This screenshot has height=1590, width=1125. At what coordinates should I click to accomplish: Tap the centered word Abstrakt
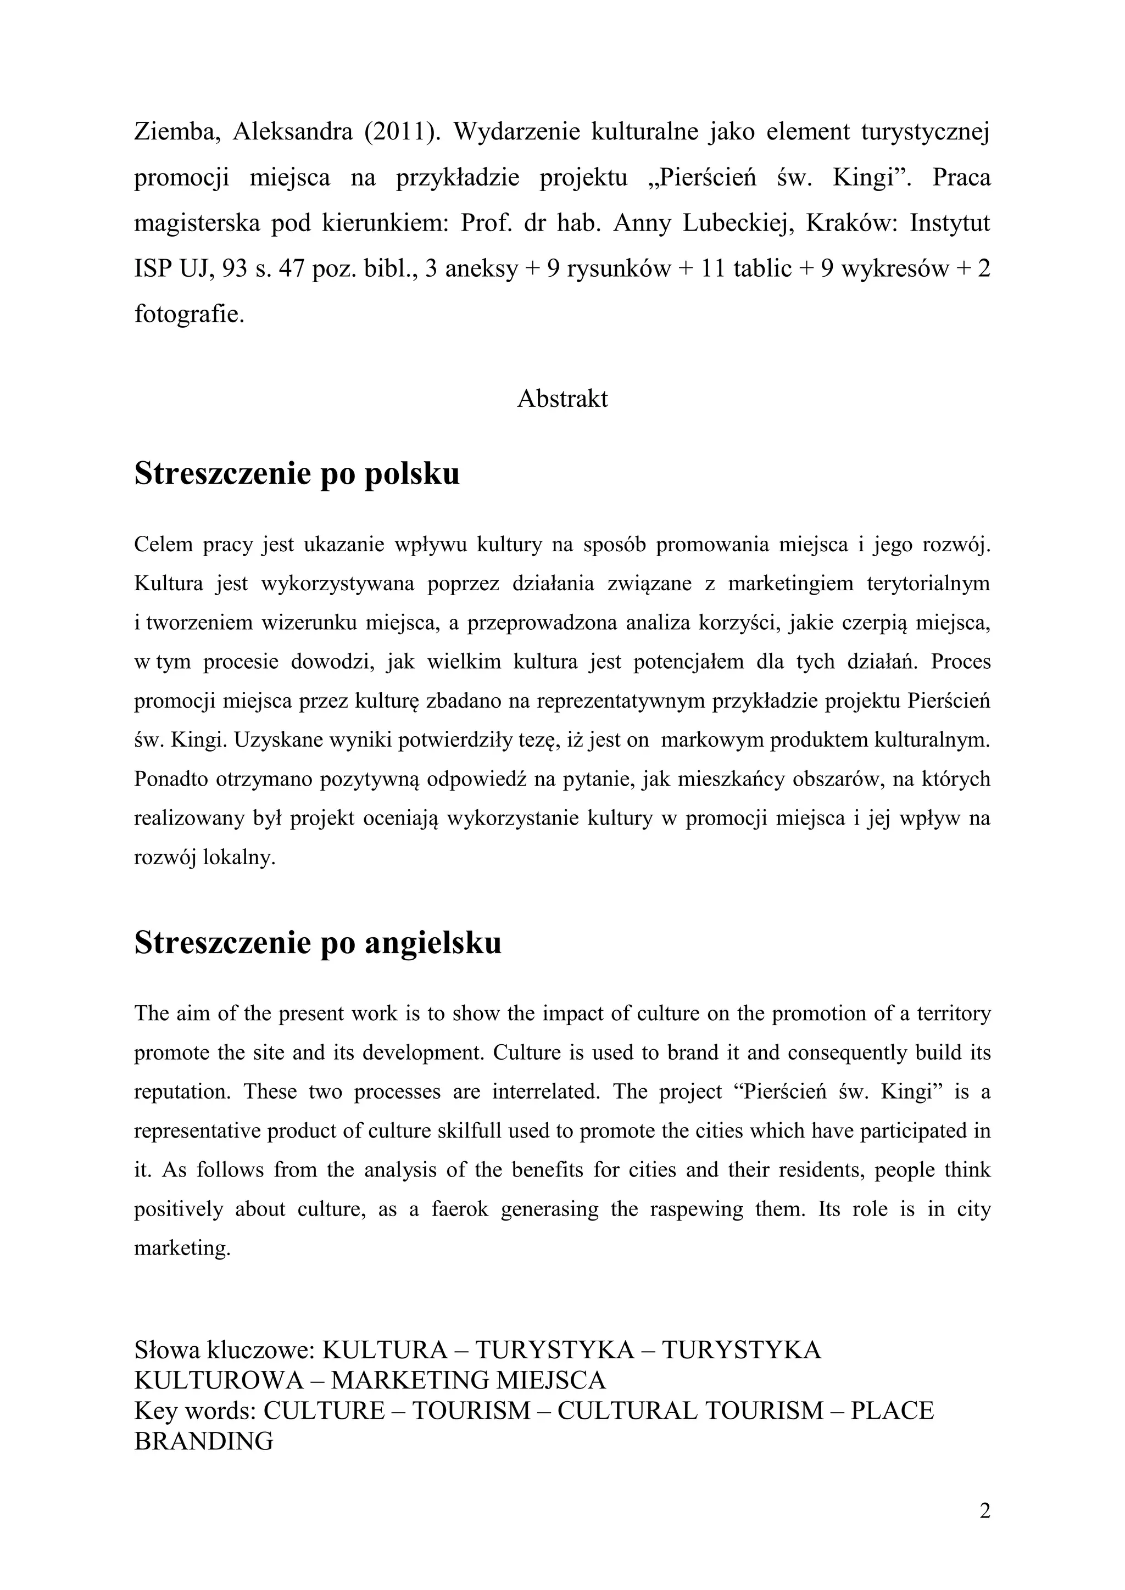pos(562,399)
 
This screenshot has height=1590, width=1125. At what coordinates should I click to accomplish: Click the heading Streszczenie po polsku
pos(297,474)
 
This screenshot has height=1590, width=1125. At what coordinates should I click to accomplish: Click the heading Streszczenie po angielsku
pos(318,943)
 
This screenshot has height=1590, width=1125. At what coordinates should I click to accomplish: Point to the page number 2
pos(984,1510)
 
